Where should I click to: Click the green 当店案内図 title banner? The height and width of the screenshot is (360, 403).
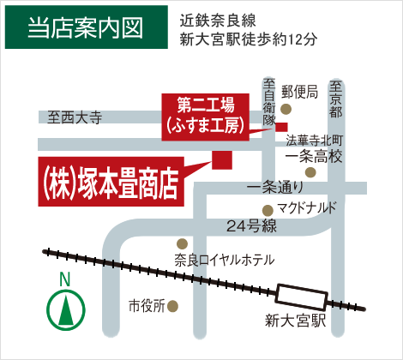tap(83, 27)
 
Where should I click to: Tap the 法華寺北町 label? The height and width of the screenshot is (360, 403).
tap(314, 140)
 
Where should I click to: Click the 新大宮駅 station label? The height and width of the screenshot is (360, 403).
tap(297, 321)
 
